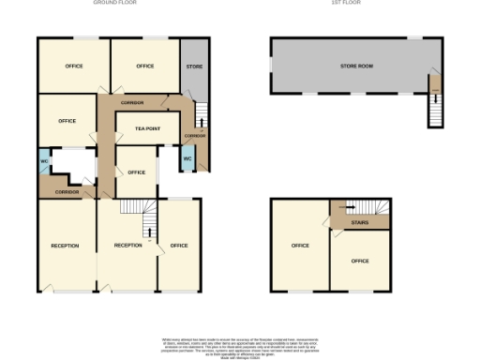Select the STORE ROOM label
(x=356, y=67)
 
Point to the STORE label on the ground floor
(x=194, y=67)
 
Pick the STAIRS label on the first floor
(x=358, y=224)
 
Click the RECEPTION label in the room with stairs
(x=127, y=245)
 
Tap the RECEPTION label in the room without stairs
(x=65, y=246)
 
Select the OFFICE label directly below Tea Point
(x=136, y=172)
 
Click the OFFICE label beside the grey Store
(x=144, y=67)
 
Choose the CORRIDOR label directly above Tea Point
(x=132, y=102)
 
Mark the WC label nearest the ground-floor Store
(x=187, y=158)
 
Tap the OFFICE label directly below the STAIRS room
(x=360, y=261)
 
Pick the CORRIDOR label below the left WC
(x=66, y=191)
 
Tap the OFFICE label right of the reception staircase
(x=178, y=246)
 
